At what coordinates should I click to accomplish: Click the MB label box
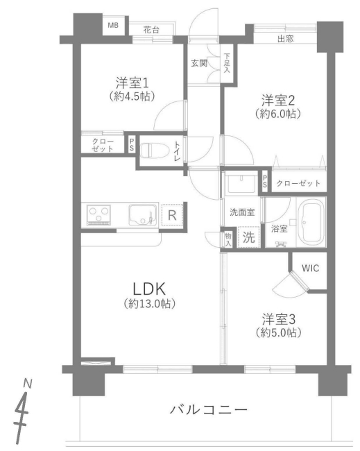coord(113,26)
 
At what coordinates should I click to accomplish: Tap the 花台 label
coord(151,30)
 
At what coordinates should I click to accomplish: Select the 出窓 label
coord(285,39)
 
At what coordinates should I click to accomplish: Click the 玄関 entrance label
coord(199,63)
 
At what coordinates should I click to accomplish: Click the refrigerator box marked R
coord(171,214)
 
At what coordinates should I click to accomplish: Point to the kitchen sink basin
coord(142,214)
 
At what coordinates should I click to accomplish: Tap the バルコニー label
coord(208,409)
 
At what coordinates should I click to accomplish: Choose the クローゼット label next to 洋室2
coord(298,183)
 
